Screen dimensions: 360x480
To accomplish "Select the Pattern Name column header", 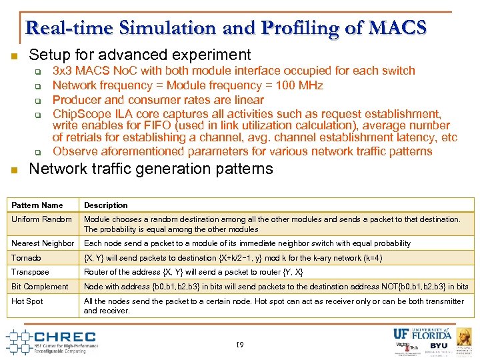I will pos(37,205).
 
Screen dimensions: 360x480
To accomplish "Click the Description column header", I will pos(105,205).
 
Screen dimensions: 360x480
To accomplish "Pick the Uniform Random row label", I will pos(41,219).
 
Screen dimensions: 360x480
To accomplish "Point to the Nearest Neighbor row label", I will pos(43,243).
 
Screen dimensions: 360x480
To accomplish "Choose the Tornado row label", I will pos(27,258).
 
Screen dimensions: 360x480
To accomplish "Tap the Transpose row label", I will pos(31,272).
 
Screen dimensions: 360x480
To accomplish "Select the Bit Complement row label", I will pos(40,287).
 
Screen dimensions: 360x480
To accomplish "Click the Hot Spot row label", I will pos(27,301).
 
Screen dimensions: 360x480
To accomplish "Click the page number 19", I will pos(240,345).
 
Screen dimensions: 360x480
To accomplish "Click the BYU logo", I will pos(439,346).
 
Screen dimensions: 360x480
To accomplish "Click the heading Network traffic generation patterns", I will pos(151,169).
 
